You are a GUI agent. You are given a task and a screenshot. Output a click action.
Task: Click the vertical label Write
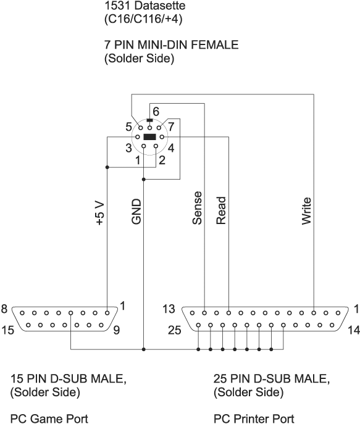(307, 211)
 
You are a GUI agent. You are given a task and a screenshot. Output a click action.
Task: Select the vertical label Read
(221, 210)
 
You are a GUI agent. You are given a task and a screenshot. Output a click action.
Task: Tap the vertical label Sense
(197, 208)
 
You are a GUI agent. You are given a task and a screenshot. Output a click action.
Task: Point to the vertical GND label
(136, 212)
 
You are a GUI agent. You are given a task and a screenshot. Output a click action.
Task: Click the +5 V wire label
(100, 213)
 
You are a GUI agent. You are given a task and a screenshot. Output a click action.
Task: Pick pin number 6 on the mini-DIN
(156, 112)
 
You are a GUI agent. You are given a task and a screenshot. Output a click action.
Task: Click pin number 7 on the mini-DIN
(171, 127)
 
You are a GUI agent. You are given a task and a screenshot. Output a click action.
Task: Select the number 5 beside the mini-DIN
(128, 127)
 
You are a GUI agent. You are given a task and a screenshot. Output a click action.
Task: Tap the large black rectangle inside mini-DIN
(149, 137)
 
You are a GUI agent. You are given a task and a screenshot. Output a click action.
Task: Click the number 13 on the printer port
(169, 309)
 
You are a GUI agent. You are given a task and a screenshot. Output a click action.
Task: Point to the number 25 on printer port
(175, 330)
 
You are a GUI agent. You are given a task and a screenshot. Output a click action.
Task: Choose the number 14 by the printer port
(354, 330)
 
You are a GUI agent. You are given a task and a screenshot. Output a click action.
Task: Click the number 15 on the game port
(7, 330)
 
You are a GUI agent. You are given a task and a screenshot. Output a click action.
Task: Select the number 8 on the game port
(4, 309)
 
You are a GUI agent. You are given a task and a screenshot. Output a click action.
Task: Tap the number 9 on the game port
(117, 330)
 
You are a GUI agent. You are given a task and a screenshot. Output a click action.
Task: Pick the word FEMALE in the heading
(215, 44)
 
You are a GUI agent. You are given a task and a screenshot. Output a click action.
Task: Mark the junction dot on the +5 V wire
(107, 167)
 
